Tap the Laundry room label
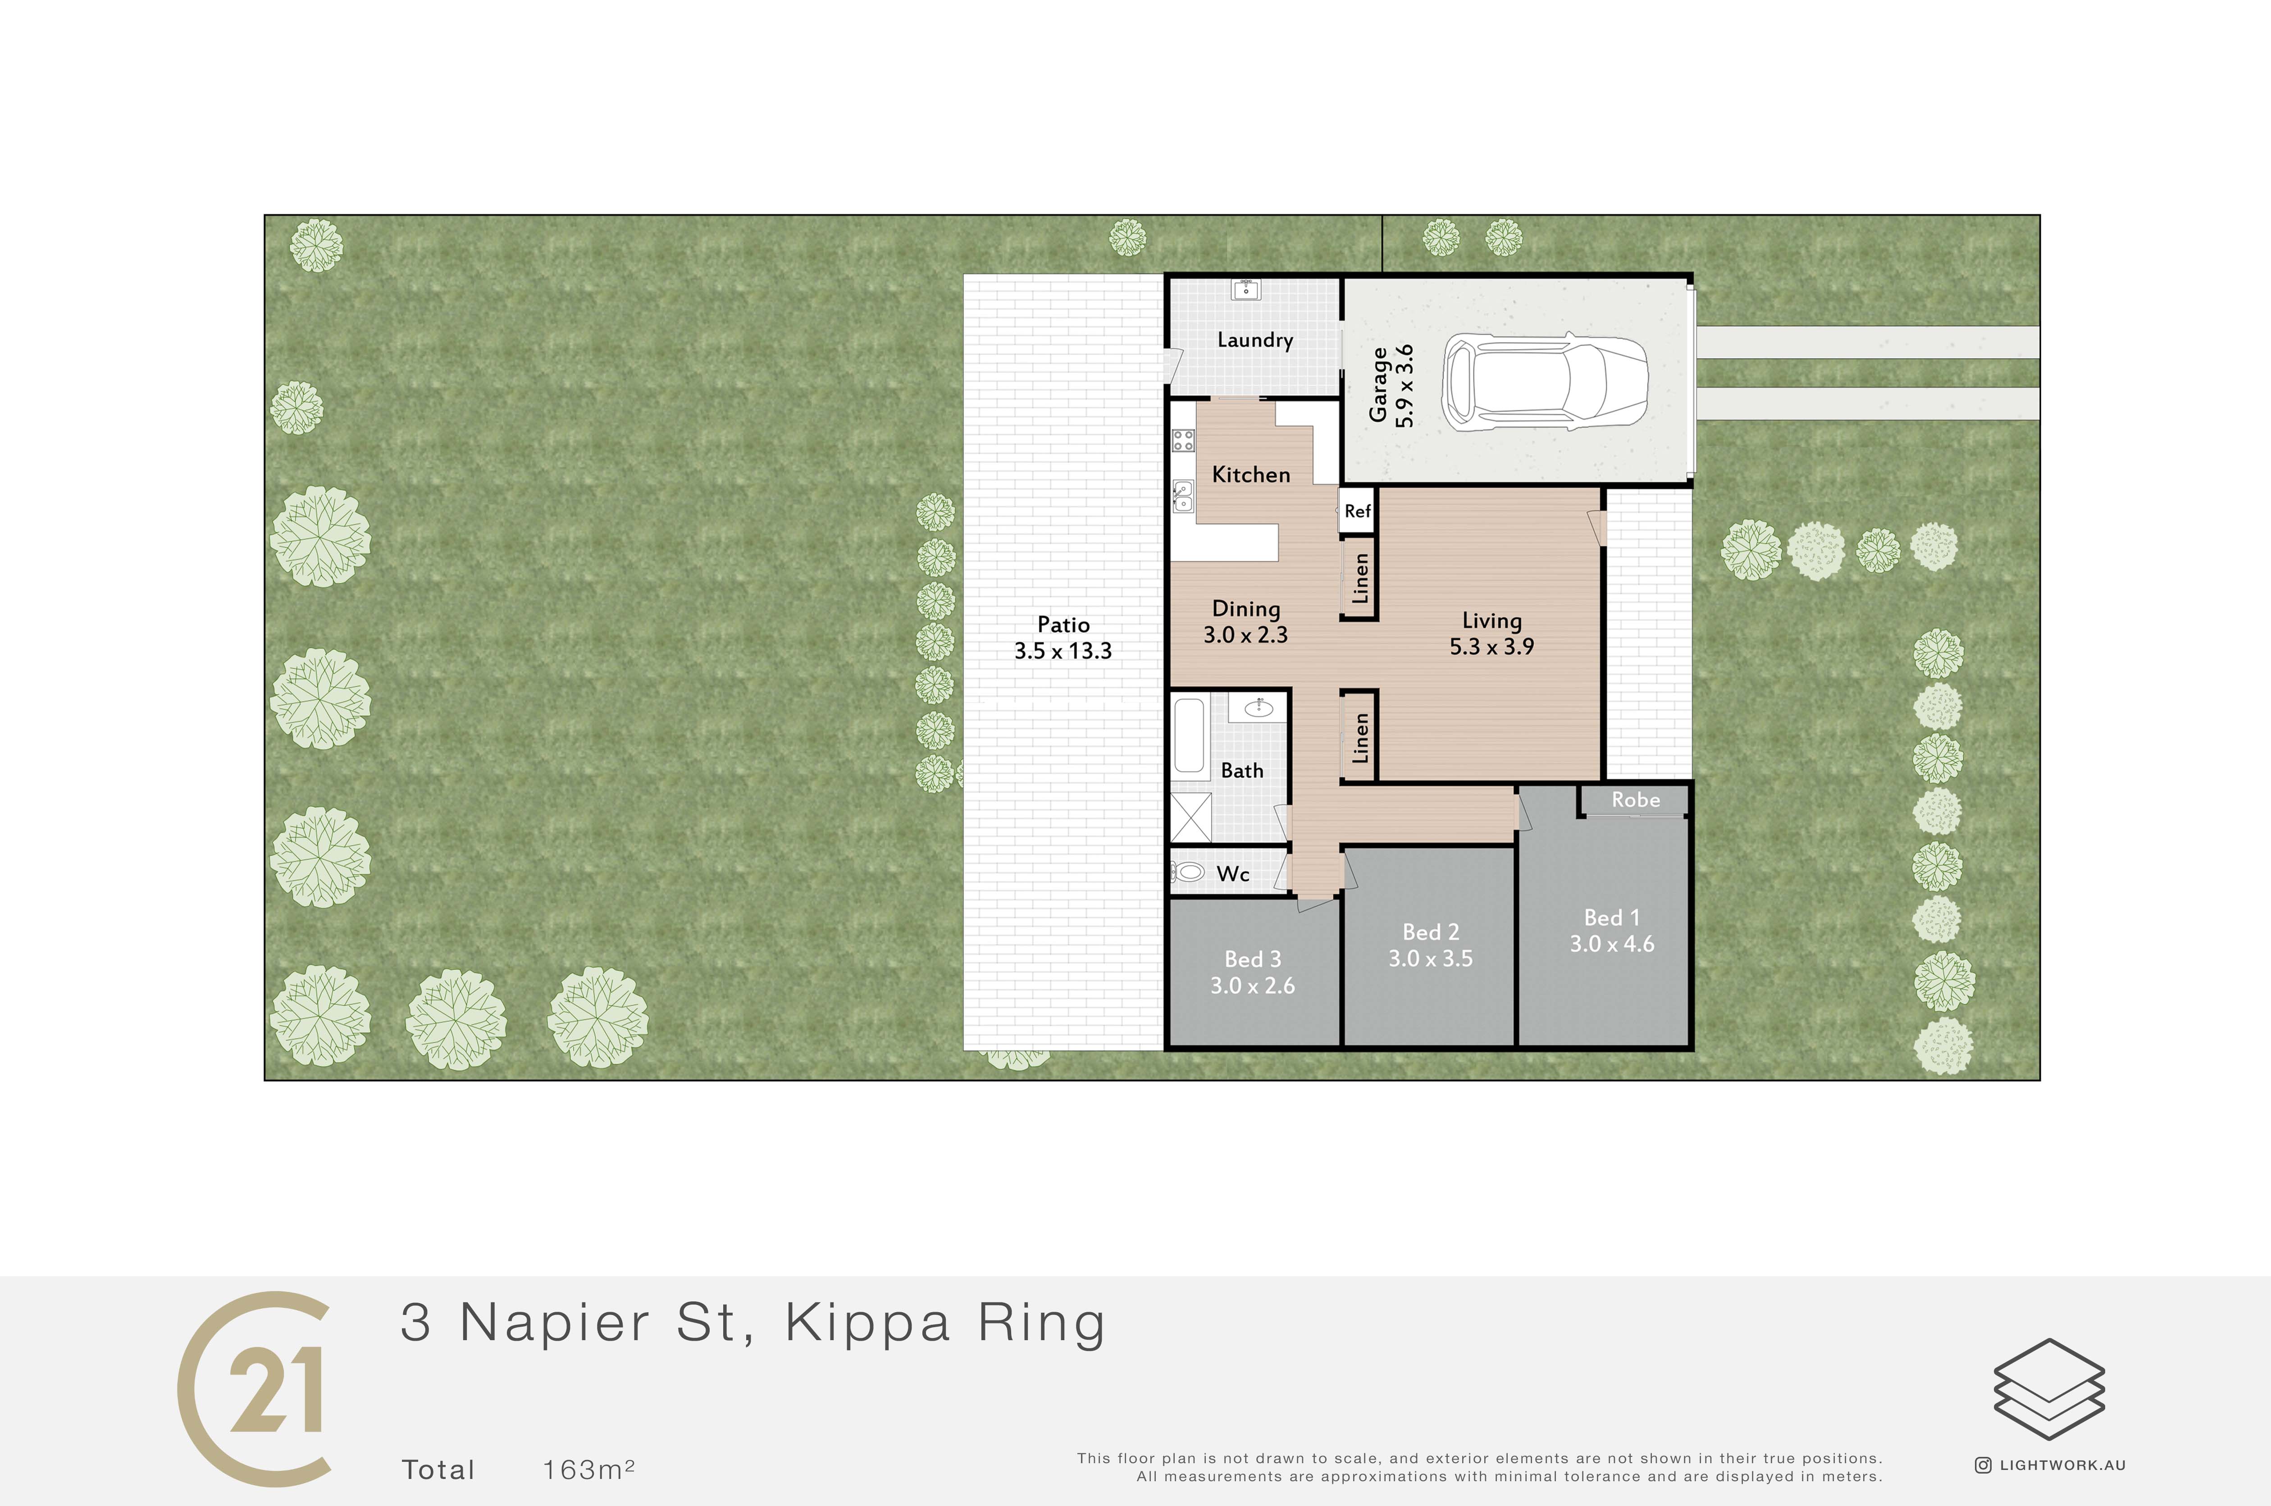(x=1255, y=340)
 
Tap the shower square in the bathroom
(x=1191, y=817)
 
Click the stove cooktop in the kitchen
(x=1183, y=441)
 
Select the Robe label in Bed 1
(x=1635, y=799)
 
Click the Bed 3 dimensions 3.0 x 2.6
(x=1252, y=986)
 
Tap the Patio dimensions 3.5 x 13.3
(x=1063, y=651)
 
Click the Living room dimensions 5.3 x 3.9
(x=1491, y=646)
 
